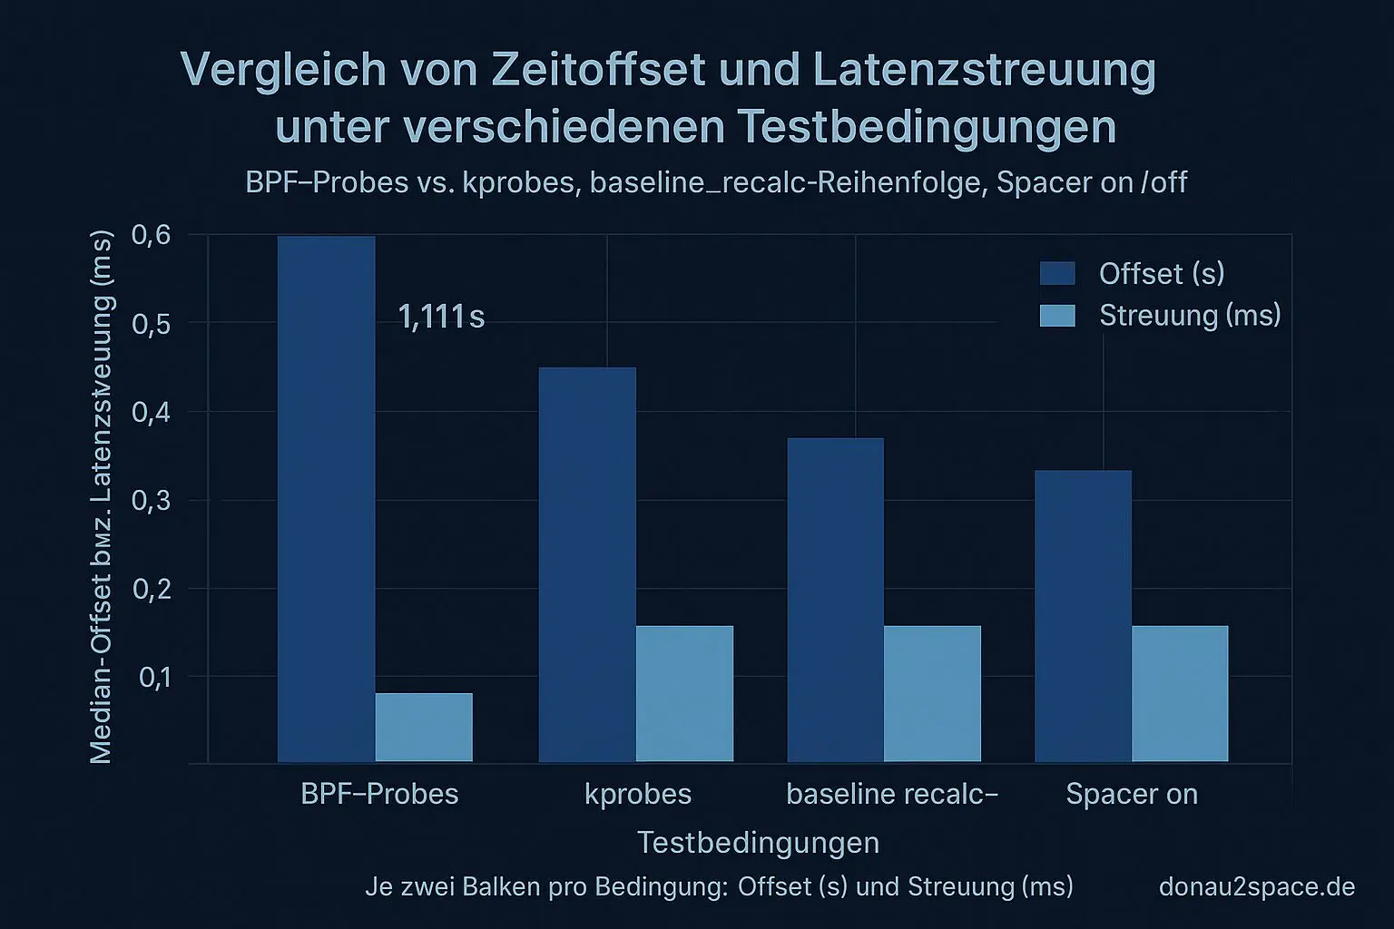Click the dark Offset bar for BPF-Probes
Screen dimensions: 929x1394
pyautogui.click(x=326, y=499)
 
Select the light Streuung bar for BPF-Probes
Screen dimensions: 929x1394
pyautogui.click(x=424, y=728)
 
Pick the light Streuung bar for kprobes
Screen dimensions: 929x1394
pyautogui.click(x=684, y=694)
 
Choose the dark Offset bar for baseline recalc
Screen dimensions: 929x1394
pyautogui.click(x=835, y=600)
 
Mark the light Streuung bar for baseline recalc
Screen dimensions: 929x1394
pyautogui.click(x=932, y=694)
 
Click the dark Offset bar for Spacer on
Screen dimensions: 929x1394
pyautogui.click(x=1083, y=616)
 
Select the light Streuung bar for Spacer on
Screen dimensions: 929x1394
pyautogui.click(x=1180, y=694)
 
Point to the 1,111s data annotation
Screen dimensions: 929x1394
pyautogui.click(x=441, y=317)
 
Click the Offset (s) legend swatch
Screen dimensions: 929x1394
pyautogui.click(x=1057, y=273)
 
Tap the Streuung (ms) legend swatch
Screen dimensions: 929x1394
pyautogui.click(x=1057, y=315)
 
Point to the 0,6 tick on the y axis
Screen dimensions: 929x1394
pyautogui.click(x=151, y=235)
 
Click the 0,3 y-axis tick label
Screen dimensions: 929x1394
pyautogui.click(x=151, y=500)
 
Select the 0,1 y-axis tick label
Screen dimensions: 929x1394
pyautogui.click(x=154, y=677)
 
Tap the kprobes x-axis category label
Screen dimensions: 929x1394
pyautogui.click(x=638, y=794)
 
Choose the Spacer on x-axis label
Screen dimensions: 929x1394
pyautogui.click(x=1132, y=794)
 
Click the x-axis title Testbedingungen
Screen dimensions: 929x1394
pyautogui.click(x=758, y=842)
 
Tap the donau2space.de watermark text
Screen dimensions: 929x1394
pyautogui.click(x=1257, y=886)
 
